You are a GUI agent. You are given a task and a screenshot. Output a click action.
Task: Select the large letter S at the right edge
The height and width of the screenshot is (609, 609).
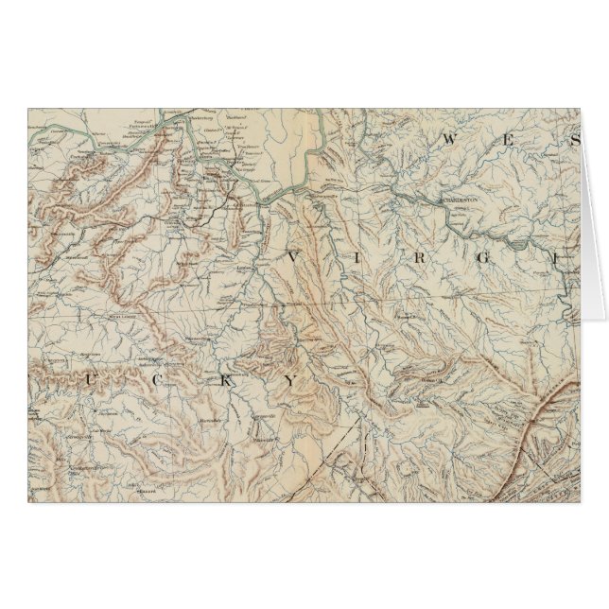pyautogui.click(x=570, y=144)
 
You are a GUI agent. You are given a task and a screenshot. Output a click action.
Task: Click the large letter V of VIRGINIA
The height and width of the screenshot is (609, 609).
pyautogui.click(x=293, y=257)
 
